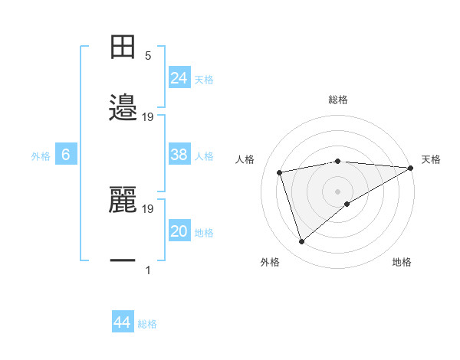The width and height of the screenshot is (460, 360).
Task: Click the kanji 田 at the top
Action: (123, 47)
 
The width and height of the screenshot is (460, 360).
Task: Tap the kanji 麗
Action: (123, 200)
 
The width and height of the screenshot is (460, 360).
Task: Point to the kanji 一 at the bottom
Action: (123, 261)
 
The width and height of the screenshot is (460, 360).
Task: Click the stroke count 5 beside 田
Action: (148, 55)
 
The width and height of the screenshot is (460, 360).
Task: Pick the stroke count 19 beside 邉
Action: (148, 116)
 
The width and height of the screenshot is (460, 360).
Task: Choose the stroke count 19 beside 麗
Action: (148, 208)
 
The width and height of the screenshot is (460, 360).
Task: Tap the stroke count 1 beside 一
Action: (148, 270)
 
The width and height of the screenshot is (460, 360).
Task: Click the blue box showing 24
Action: (179, 77)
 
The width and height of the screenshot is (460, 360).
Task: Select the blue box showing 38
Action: (179, 155)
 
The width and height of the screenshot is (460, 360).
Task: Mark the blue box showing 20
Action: (179, 231)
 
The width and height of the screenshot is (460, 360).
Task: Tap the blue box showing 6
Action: (66, 155)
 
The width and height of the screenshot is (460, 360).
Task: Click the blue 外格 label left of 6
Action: (41, 156)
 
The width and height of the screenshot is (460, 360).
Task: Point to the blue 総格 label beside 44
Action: (147, 324)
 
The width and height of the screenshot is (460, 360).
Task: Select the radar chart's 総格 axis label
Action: (337, 100)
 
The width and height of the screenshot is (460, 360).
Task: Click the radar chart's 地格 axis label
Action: (402, 262)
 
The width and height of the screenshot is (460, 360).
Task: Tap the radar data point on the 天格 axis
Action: (411, 168)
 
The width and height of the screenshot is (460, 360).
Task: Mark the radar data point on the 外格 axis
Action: (301, 242)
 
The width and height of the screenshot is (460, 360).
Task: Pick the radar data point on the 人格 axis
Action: (281, 172)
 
